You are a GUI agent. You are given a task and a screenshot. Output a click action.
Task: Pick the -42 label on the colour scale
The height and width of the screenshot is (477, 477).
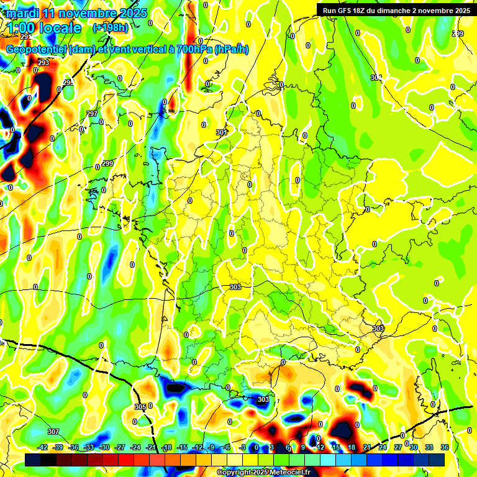(43, 447)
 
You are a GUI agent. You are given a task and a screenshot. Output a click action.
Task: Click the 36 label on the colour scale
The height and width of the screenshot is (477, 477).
(445, 447)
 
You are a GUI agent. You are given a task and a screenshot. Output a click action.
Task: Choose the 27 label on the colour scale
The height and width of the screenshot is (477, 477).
(398, 447)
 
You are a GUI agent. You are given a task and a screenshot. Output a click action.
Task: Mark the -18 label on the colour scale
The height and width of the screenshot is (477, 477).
(166, 447)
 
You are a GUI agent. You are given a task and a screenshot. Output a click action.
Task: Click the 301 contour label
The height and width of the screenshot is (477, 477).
(222, 132)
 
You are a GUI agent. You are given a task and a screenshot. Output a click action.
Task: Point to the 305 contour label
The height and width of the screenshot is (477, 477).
(140, 407)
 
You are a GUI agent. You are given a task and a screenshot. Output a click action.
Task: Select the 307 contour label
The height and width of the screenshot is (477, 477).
(53, 432)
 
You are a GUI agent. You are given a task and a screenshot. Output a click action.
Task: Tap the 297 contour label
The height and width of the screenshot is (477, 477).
(92, 114)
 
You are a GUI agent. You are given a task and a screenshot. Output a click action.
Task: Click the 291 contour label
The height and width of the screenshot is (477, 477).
(25, 55)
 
